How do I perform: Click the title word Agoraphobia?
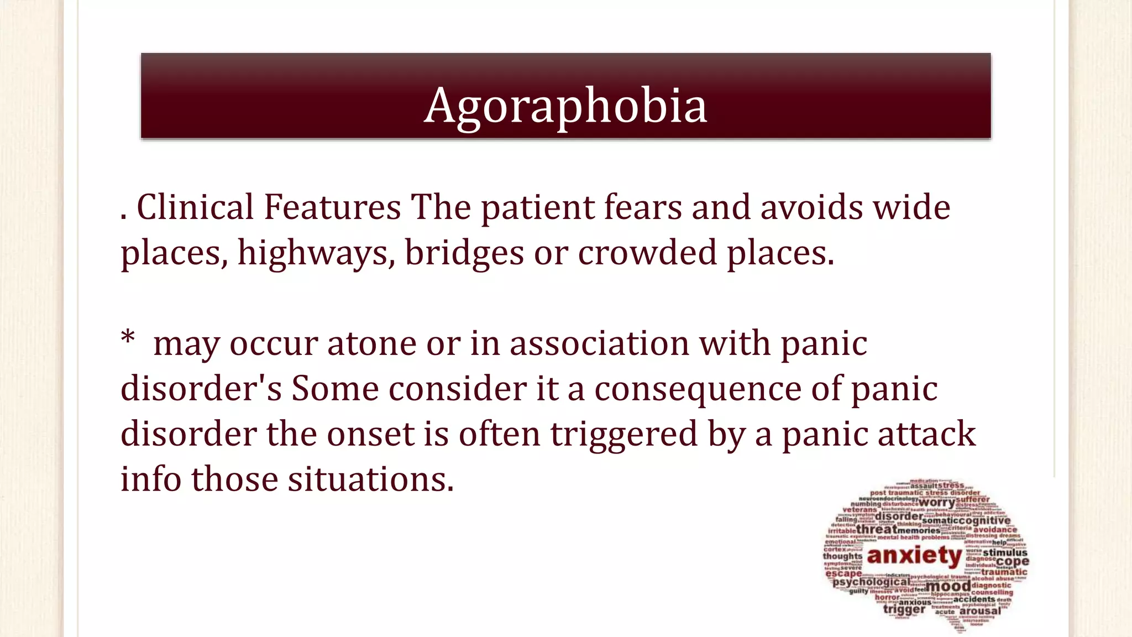click(565, 105)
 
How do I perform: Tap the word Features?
click(332, 207)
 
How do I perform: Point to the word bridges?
click(464, 253)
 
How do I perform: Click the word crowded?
click(647, 253)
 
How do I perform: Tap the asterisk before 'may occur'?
click(128, 338)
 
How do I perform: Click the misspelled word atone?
click(371, 343)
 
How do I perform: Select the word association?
click(599, 343)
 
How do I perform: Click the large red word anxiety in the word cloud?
click(914, 555)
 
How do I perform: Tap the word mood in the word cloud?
click(948, 586)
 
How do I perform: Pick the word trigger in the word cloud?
click(904, 609)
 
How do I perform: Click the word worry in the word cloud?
click(936, 503)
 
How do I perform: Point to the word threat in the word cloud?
click(877, 529)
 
